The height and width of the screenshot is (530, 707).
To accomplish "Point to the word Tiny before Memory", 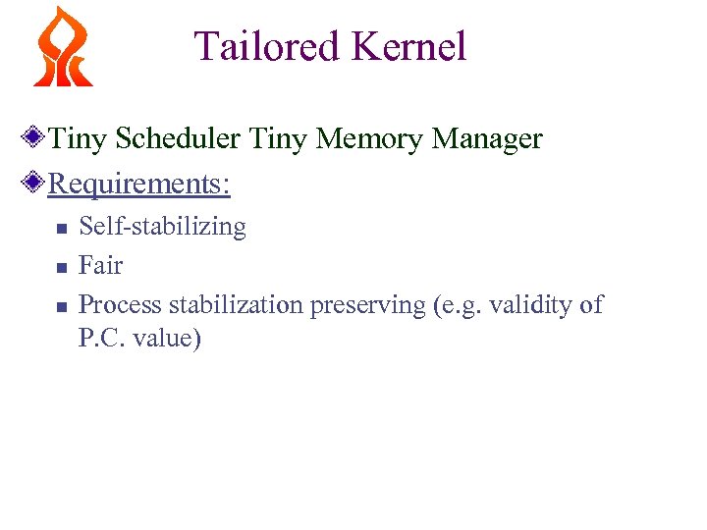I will click(x=278, y=139).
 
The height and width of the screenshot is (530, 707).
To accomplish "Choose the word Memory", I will click(x=367, y=139).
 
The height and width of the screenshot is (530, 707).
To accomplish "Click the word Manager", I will click(x=487, y=139).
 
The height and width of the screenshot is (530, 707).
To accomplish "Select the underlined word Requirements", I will click(x=137, y=184).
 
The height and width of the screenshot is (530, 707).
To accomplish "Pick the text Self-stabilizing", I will click(x=162, y=227).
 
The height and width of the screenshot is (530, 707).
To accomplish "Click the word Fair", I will click(x=100, y=266).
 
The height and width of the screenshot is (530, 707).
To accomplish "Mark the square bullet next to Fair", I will click(x=61, y=267).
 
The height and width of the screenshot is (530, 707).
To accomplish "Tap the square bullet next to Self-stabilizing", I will click(x=61, y=228).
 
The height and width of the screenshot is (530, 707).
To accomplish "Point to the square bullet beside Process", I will click(x=61, y=306).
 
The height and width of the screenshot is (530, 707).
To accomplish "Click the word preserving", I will click(x=367, y=305).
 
